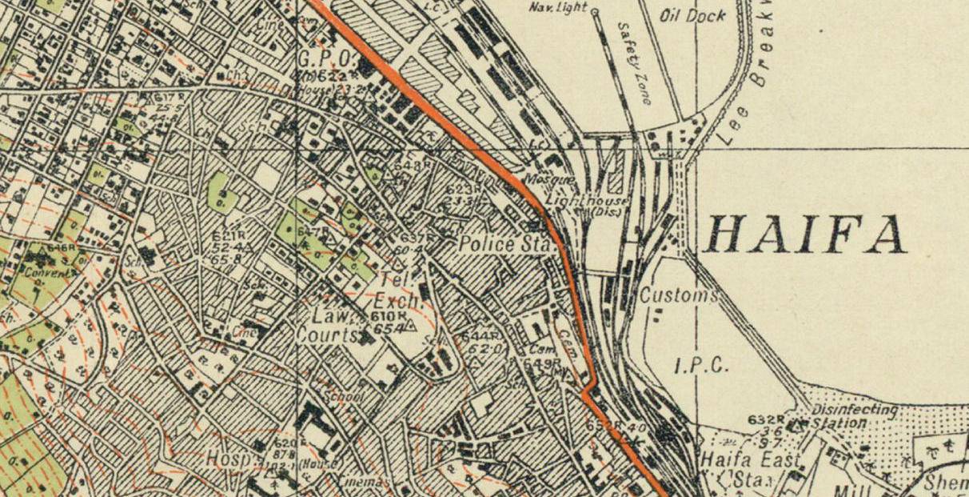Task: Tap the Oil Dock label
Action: click(x=693, y=16)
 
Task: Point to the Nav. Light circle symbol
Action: click(x=594, y=11)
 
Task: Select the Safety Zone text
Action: click(x=636, y=62)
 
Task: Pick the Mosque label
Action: click(x=544, y=178)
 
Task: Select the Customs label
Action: click(x=678, y=295)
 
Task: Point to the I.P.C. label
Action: click(x=701, y=367)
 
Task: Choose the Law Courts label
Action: click(x=327, y=326)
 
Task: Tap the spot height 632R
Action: click(x=764, y=419)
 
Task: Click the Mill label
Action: click(x=848, y=489)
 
